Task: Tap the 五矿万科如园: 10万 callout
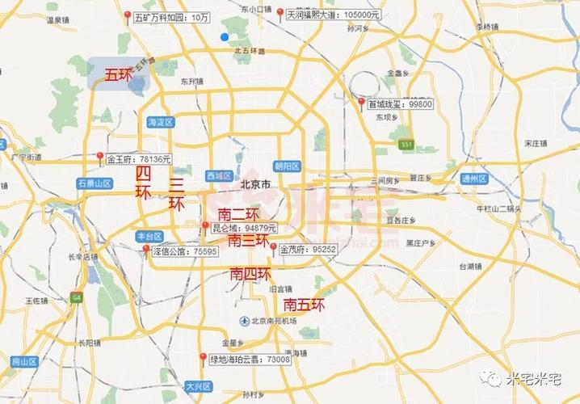[x=170, y=16]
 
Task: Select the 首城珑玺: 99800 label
[x=401, y=104]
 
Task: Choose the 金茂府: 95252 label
[x=308, y=250]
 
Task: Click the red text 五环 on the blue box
[x=118, y=75]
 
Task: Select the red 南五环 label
[x=304, y=305]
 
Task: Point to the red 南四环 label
[x=250, y=274]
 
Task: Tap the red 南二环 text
[x=238, y=215]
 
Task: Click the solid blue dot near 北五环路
[x=225, y=37]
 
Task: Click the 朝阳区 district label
[x=287, y=166]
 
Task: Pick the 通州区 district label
[x=473, y=179]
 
